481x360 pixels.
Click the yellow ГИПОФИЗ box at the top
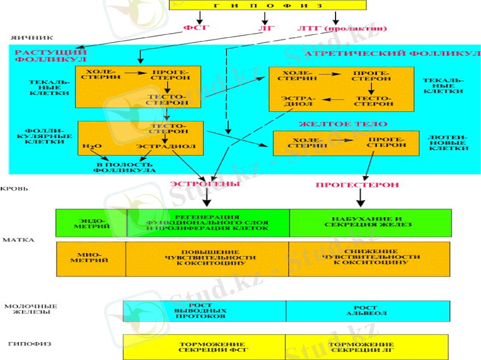[268, 5]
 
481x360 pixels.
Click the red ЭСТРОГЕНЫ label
[204, 185]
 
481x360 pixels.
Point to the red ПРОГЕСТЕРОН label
[357, 185]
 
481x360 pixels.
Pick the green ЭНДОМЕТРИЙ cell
[91, 223]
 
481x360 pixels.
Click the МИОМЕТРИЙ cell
[91, 258]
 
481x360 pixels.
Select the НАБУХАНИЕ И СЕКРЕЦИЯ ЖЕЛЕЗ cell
[370, 222]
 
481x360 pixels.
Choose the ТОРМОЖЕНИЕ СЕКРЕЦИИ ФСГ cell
[204, 347]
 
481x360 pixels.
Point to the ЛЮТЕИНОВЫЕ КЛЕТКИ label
[446, 142]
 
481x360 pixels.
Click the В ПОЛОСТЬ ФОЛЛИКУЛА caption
[124, 166]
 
